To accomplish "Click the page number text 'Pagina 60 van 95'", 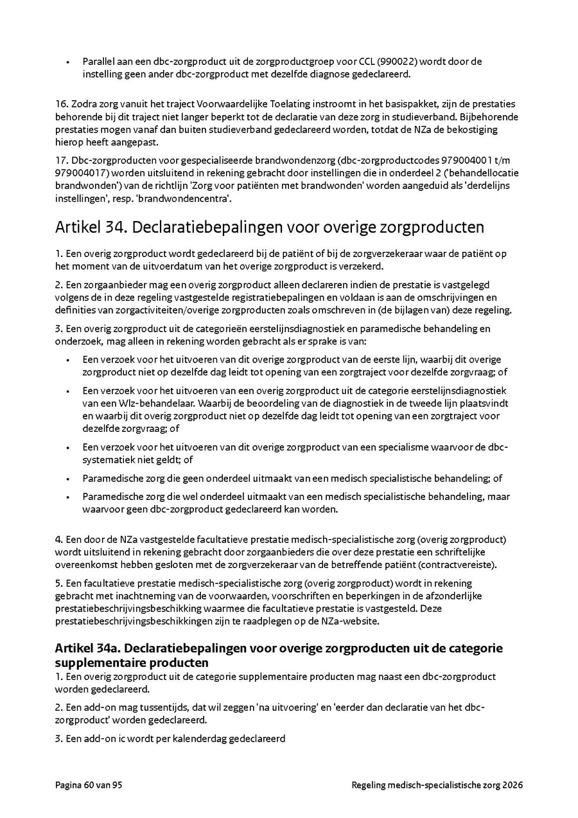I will (89, 785).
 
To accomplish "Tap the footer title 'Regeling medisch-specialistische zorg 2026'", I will (437, 785).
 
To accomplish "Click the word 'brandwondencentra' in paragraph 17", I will (188, 199).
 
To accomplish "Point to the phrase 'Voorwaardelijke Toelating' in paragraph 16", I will (252, 104).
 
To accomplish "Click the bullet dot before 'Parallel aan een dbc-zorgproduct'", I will (67, 62).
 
